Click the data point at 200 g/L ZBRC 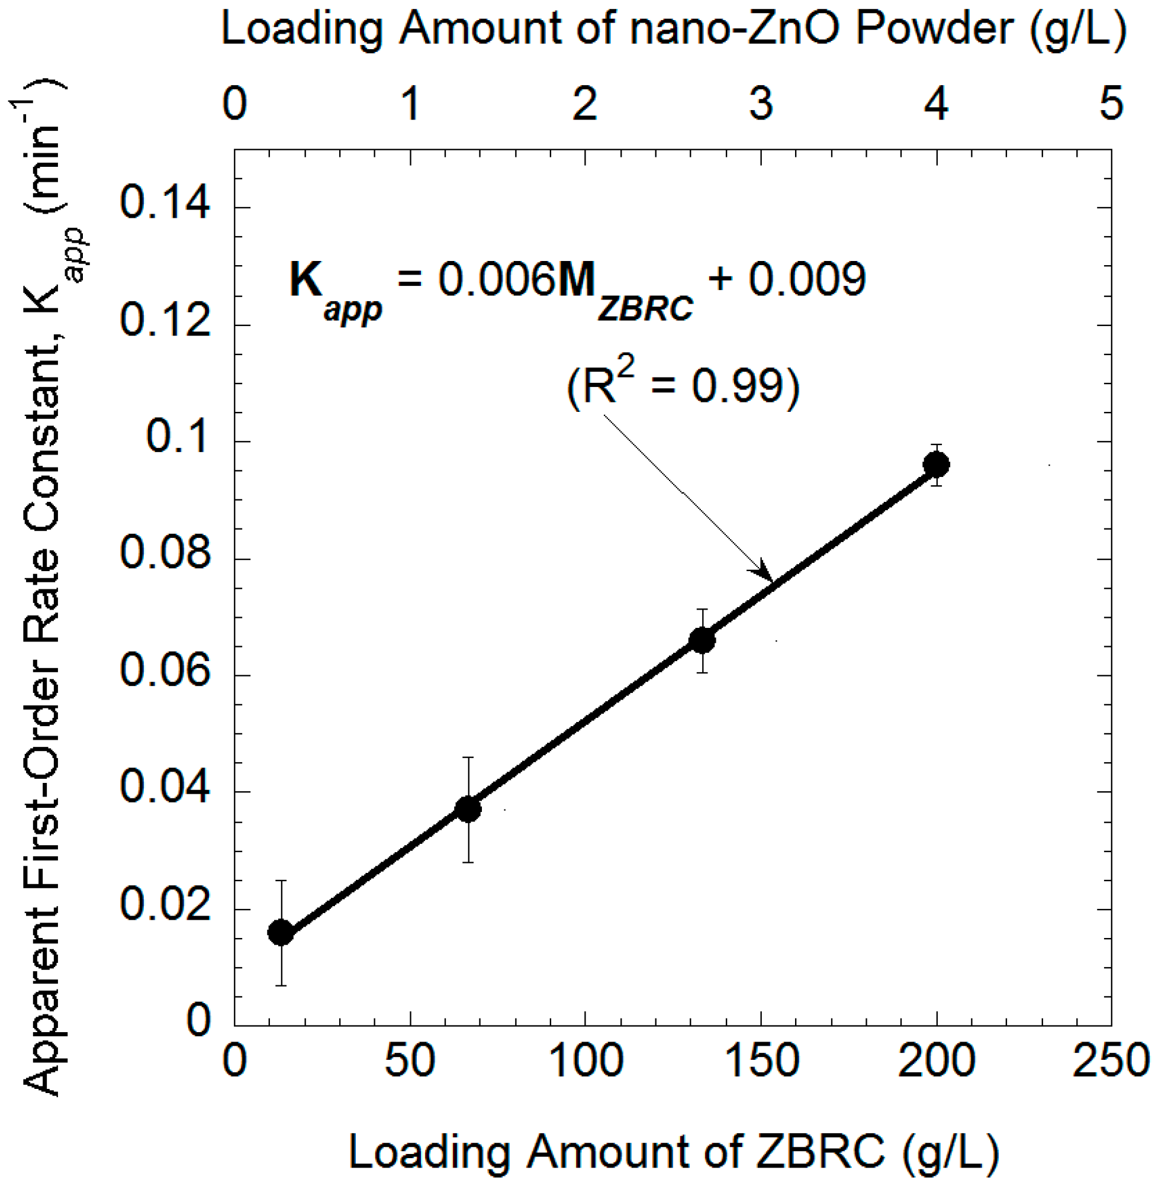[x=936, y=465]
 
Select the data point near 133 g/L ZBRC [x=702, y=640]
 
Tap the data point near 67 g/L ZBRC [x=468, y=809]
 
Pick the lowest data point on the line [x=281, y=933]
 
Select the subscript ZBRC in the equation [x=645, y=310]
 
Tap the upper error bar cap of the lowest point [x=281, y=881]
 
